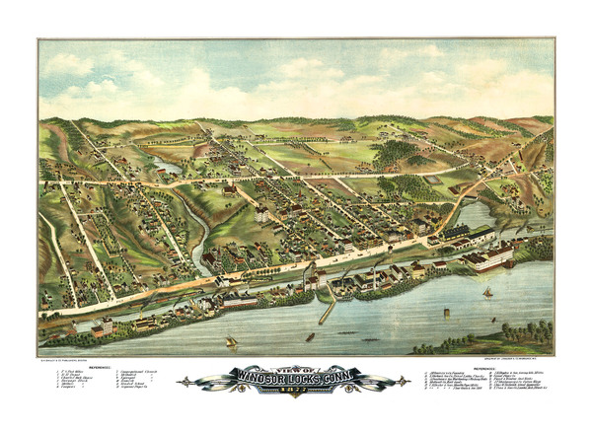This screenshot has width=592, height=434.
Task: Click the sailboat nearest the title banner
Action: point(230,341)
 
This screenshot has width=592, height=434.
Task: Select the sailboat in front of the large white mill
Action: point(486,292)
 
